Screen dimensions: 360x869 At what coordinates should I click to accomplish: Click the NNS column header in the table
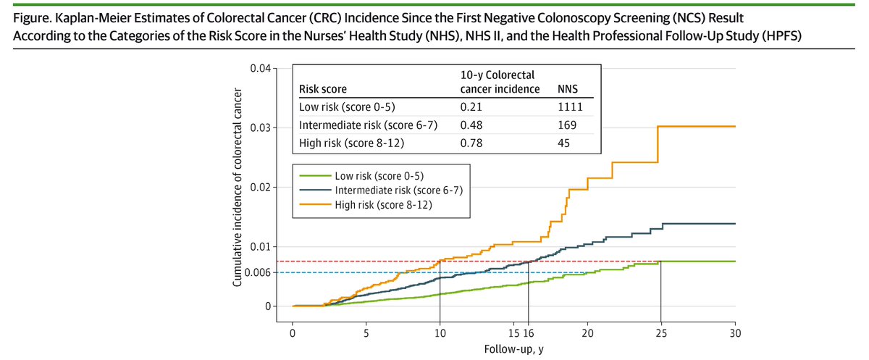tap(566, 90)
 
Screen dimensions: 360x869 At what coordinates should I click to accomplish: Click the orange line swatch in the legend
tap(311, 205)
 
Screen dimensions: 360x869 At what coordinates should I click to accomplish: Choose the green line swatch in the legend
tap(311, 175)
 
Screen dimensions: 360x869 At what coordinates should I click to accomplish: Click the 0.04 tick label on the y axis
tap(259, 69)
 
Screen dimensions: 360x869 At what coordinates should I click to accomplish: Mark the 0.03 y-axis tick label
tap(259, 128)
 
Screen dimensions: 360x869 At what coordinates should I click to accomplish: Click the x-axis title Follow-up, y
tap(513, 350)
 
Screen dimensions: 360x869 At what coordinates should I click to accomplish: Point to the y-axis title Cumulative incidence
tap(237, 188)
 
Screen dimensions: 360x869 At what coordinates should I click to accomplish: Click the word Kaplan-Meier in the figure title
tap(73, 16)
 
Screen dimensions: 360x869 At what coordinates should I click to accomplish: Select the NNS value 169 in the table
tap(566, 125)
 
